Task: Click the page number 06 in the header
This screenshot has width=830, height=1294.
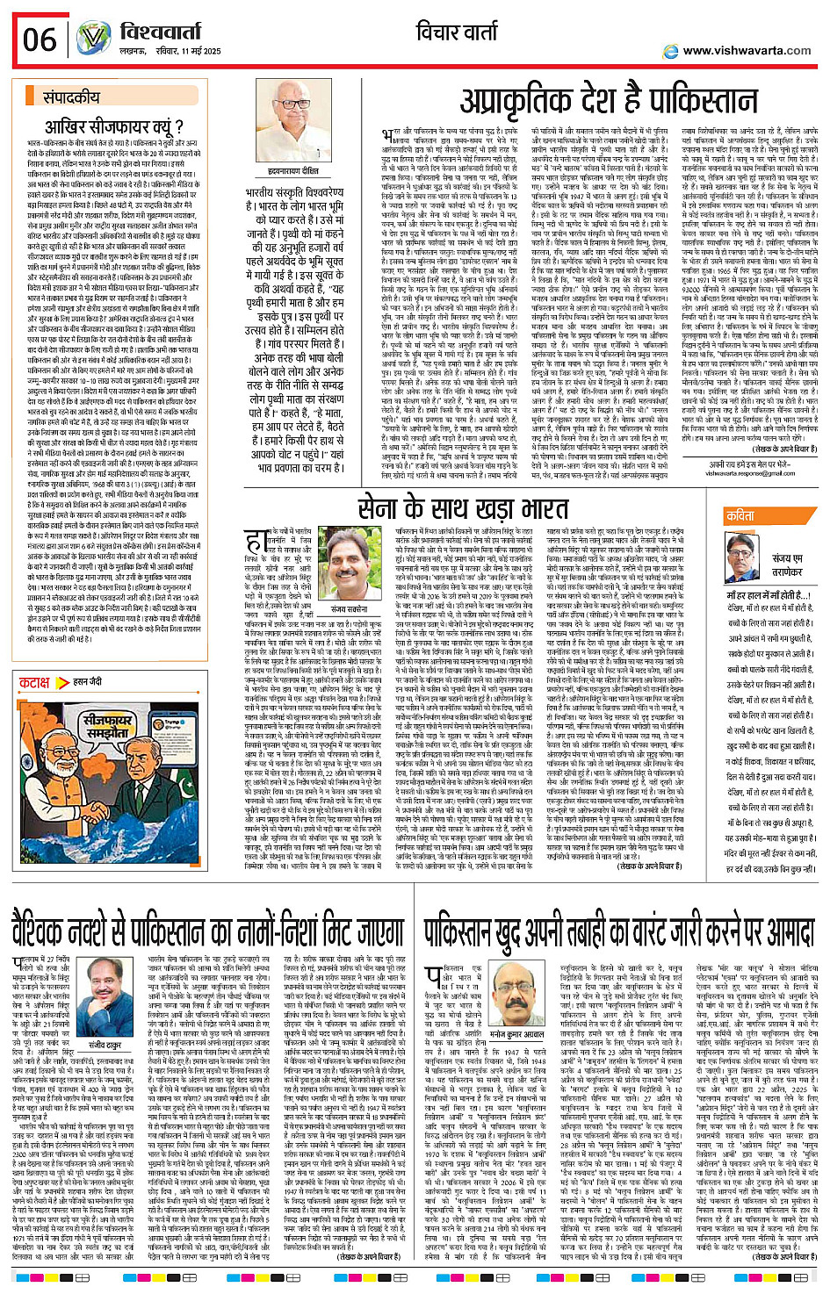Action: [40, 40]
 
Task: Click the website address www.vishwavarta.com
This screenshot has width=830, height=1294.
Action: [747, 51]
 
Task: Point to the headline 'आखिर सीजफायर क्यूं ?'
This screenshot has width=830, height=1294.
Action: [114, 126]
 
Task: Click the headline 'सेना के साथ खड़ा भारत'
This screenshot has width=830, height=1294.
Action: [463, 509]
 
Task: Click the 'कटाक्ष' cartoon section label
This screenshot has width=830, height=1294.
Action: [35, 682]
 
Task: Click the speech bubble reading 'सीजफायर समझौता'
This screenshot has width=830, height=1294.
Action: [92, 728]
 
